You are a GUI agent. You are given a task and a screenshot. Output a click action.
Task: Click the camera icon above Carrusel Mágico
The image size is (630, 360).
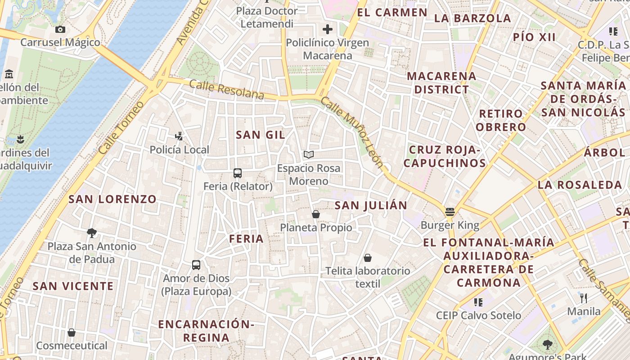(x=60, y=30)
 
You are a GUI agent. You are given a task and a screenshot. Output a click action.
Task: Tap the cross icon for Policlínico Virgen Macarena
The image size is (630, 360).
(x=328, y=30)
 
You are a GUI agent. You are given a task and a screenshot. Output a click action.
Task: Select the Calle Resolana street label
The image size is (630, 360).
(x=226, y=89)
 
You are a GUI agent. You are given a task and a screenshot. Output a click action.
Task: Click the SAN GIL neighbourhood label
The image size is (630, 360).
(x=261, y=135)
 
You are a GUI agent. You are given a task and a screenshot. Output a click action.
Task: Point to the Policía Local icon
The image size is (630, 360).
(x=179, y=136)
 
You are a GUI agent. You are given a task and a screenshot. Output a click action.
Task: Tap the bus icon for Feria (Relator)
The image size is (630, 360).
(x=238, y=173)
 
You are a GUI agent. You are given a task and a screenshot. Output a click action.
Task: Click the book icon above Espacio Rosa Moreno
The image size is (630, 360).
(x=308, y=155)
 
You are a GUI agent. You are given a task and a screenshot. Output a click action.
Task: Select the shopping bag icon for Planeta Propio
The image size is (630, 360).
(x=316, y=214)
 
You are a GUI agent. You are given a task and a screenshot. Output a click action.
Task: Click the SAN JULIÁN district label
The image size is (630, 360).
(x=371, y=206)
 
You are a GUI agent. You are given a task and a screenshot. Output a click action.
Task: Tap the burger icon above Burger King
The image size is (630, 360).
(x=450, y=211)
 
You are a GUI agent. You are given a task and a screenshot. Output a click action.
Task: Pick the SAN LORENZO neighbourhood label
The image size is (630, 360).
(x=112, y=199)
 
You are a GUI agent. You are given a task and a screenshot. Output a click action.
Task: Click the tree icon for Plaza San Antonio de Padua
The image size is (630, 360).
(x=92, y=233)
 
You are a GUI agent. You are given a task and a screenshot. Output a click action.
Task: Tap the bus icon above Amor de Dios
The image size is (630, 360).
(x=196, y=265)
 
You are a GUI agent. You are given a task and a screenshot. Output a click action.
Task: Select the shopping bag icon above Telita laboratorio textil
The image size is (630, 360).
(x=368, y=258)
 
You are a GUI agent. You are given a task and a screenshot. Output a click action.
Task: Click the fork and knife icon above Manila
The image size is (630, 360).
(x=584, y=298)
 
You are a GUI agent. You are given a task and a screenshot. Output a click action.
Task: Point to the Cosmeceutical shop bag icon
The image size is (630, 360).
(x=71, y=333)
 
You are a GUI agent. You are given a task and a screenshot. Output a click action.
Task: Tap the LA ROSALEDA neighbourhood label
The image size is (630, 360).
(x=580, y=185)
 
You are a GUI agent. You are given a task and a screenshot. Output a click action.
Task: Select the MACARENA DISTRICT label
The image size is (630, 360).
(x=441, y=83)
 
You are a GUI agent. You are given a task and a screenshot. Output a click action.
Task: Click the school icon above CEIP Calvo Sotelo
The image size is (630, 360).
(x=478, y=302)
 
